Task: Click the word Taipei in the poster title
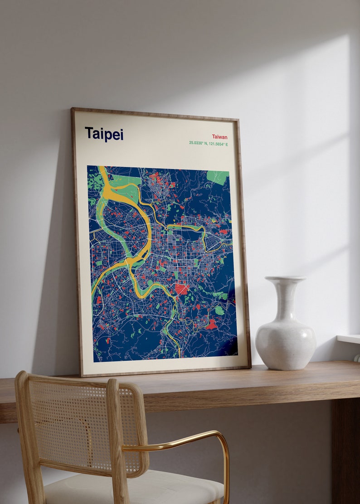[x=104, y=134]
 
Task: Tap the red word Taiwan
[x=219, y=137]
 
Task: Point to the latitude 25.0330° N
[x=199, y=144]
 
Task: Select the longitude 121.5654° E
[x=219, y=144]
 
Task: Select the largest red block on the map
[x=181, y=289]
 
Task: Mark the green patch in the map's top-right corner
[x=218, y=177]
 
